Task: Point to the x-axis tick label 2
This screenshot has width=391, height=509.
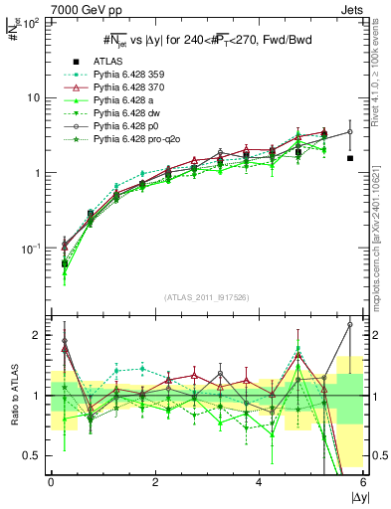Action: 154,482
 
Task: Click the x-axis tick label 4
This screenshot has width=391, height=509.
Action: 259,482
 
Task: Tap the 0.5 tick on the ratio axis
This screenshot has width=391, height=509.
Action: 33,455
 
